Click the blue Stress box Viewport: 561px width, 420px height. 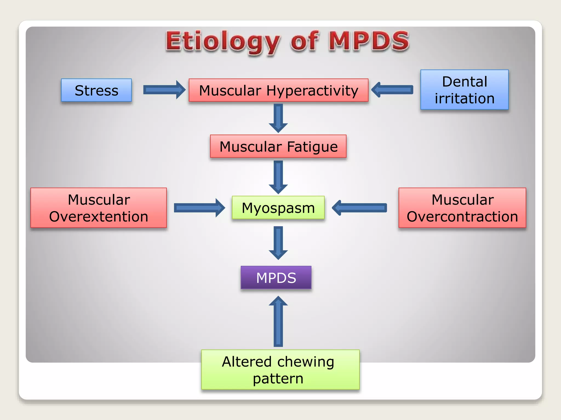96,90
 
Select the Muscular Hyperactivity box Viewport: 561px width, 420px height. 278,90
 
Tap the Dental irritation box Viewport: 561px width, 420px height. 465,90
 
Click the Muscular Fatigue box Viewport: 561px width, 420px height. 278,146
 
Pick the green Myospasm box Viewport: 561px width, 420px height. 278,208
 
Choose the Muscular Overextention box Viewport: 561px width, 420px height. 99,208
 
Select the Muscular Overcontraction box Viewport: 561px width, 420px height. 462,208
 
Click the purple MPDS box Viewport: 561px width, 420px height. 276,278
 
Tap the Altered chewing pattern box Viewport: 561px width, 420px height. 280,370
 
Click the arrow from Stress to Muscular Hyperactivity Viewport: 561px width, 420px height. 164,90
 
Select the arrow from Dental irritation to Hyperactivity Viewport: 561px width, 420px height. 392,90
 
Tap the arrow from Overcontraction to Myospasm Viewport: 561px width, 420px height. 359,208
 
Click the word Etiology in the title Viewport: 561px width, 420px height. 222,42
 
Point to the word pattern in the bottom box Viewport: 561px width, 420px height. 278,379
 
